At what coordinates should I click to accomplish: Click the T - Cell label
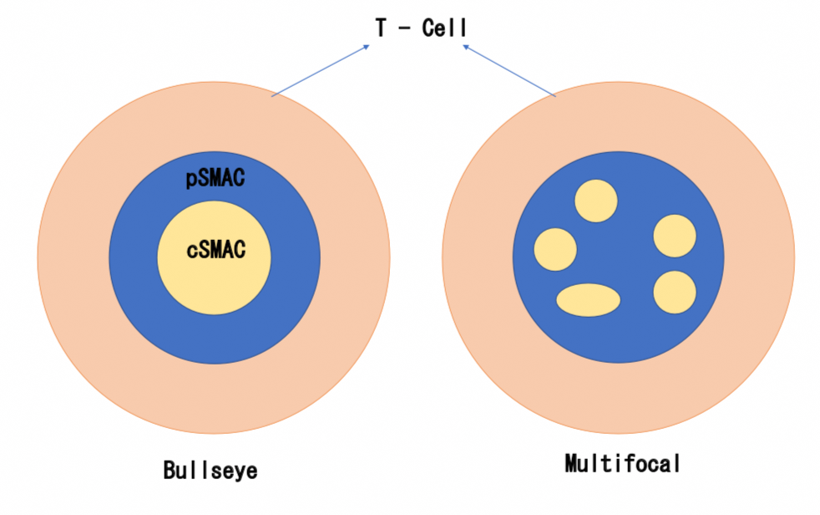(x=421, y=28)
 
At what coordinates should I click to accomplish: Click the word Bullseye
(x=210, y=471)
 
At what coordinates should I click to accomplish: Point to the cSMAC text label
(x=215, y=248)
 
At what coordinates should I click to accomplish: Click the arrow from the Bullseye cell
(x=321, y=70)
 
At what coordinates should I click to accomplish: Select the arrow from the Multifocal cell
(x=509, y=70)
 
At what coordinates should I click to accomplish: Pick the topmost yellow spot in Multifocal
(x=596, y=201)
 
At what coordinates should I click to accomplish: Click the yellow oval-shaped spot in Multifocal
(x=589, y=299)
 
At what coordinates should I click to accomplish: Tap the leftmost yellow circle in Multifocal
(x=555, y=249)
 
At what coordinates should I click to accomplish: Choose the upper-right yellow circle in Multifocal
(x=675, y=236)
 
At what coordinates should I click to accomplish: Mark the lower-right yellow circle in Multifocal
(x=675, y=292)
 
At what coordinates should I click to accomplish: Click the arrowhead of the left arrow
(x=367, y=47)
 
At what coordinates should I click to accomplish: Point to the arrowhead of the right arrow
(x=465, y=47)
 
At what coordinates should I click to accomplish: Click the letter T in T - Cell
(x=381, y=28)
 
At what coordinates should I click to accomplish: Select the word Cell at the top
(x=444, y=28)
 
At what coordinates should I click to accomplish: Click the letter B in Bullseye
(x=170, y=471)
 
